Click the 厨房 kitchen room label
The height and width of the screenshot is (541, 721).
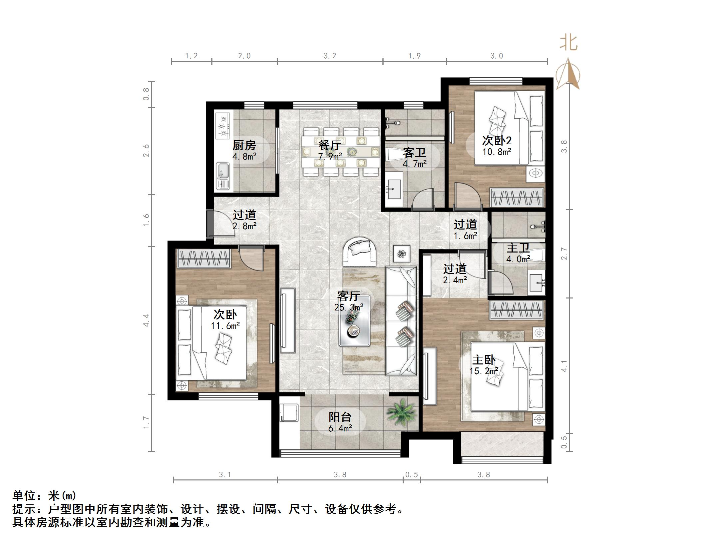click(244, 146)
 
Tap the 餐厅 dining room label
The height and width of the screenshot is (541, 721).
click(329, 145)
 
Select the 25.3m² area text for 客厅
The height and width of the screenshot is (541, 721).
click(349, 307)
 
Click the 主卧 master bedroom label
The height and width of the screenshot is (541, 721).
click(484, 360)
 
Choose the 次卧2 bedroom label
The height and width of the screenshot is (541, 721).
click(497, 141)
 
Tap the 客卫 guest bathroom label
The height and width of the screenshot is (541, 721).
click(414, 153)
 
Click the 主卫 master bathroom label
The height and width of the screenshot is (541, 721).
click(518, 248)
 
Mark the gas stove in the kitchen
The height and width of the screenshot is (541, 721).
click(223, 126)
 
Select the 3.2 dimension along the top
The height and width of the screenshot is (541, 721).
click(330, 56)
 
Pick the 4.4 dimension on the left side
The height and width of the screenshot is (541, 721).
click(146, 320)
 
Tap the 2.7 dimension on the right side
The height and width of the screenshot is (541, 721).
click(564, 254)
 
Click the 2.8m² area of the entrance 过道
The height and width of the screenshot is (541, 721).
click(244, 227)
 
